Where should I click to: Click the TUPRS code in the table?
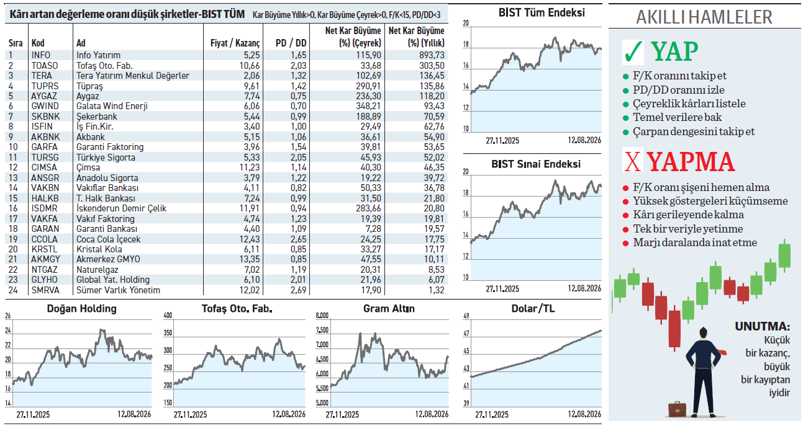point(45,86)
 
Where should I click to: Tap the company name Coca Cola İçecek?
point(108,239)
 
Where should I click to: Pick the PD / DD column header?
point(291,43)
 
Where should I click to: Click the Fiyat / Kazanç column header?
point(235,43)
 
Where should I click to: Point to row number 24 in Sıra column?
point(13,290)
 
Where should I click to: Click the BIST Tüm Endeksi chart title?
point(542,13)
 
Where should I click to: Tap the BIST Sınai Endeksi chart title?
point(536,164)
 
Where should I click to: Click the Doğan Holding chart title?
point(82,309)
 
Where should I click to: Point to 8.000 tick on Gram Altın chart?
point(322,316)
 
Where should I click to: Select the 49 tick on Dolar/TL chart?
point(466,316)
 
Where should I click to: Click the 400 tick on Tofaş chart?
point(168,316)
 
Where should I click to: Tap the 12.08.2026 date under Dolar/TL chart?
point(584,414)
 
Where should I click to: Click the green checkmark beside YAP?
point(633,52)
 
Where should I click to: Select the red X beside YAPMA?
point(633,161)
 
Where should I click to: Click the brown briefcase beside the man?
point(677,409)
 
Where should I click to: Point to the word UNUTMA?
point(763,327)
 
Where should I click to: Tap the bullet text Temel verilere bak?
point(677,117)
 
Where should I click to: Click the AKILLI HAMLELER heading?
point(704,17)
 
